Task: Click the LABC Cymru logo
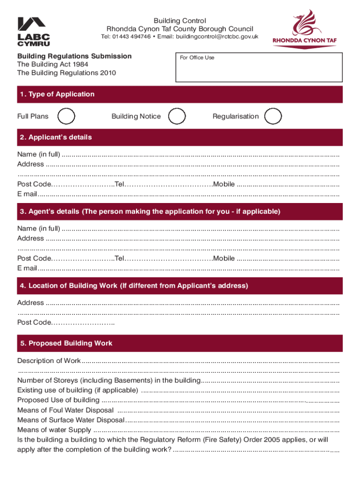tap(34, 31)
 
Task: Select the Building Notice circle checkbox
tap(177, 116)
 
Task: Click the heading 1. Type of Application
tap(57, 94)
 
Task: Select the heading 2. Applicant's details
tap(56, 138)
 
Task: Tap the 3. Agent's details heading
tap(150, 211)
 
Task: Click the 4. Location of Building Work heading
tap(134, 286)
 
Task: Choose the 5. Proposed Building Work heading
tap(66, 343)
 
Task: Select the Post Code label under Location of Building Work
tap(33, 322)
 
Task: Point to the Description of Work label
tap(49, 361)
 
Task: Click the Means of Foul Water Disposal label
tap(65, 410)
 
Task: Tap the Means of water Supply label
tap(54, 430)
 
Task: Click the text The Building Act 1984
tap(53, 65)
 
